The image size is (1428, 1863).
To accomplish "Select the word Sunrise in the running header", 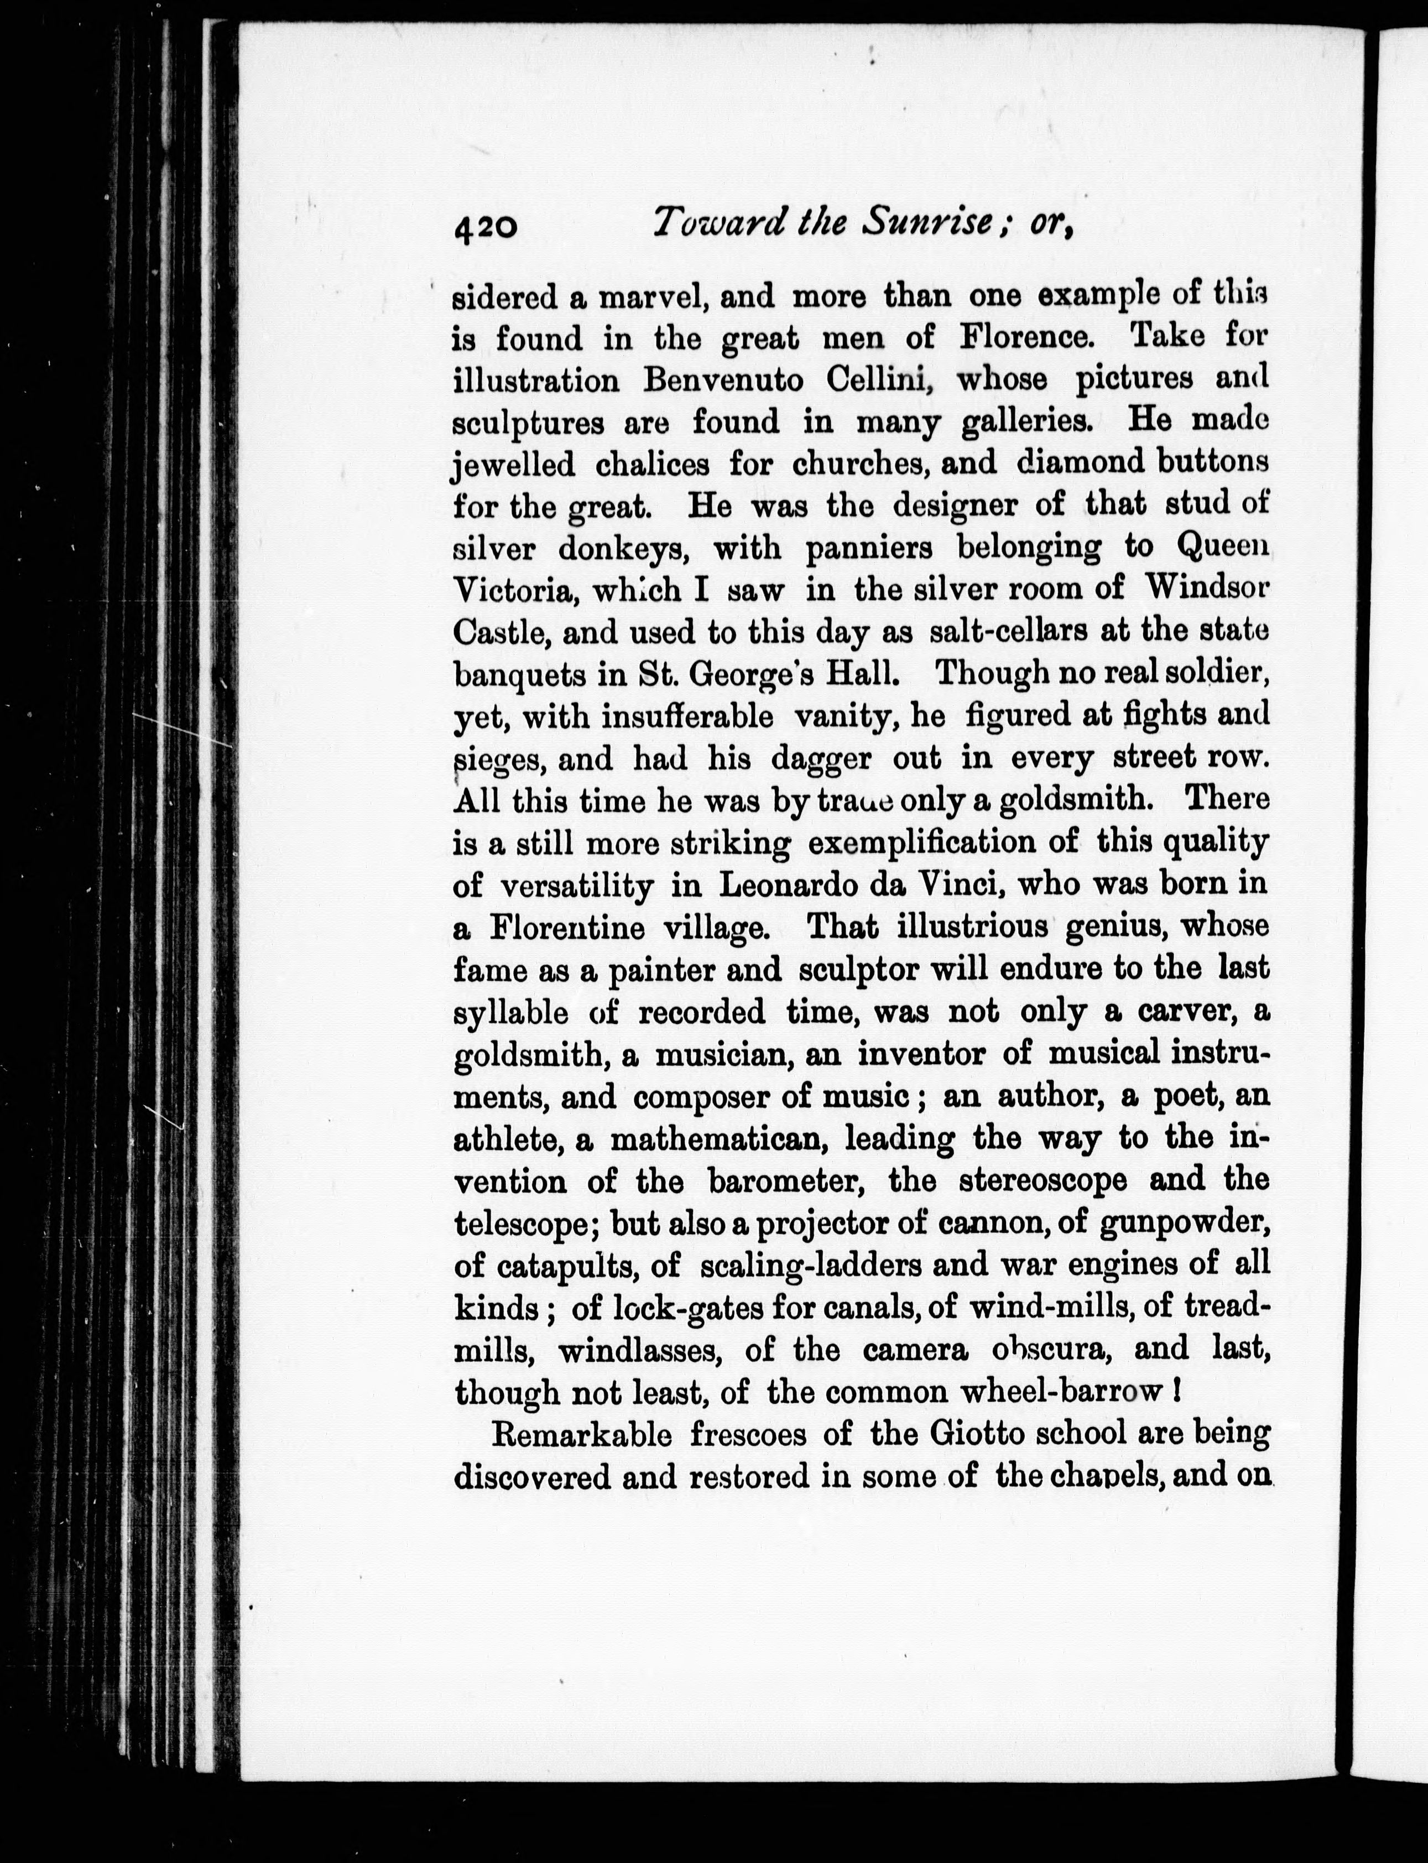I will tap(926, 223).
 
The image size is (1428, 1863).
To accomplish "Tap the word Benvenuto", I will tap(722, 380).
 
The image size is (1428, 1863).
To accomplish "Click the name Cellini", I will tap(882, 379).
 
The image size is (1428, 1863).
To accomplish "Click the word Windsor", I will tap(1206, 588).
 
